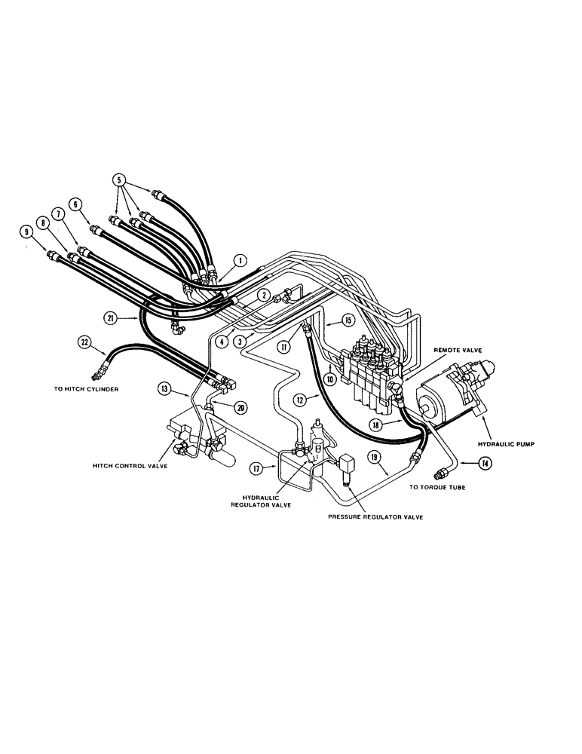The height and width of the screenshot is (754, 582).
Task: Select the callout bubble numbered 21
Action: (112, 319)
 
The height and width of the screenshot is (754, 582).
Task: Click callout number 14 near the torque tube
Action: (486, 464)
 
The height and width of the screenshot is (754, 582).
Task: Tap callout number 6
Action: (75, 204)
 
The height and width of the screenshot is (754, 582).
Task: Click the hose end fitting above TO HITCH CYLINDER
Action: (96, 371)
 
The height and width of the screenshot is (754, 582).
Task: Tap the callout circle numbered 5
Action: (118, 181)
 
